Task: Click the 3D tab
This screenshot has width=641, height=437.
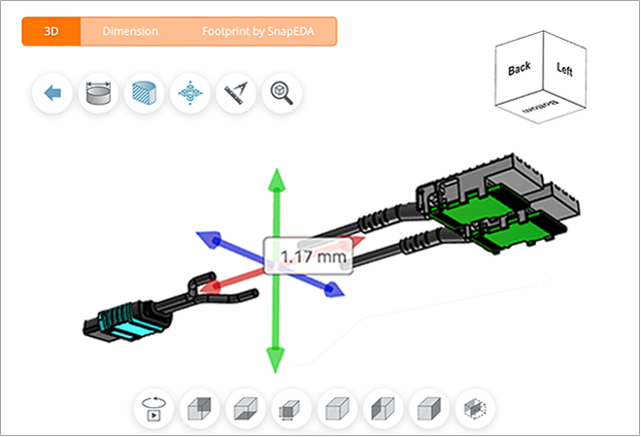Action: pyautogui.click(x=51, y=31)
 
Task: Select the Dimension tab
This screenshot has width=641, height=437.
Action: pyautogui.click(x=130, y=31)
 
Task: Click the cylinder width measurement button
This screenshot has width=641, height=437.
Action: pyautogui.click(x=98, y=94)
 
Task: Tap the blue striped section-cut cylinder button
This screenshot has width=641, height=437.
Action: pyautogui.click(x=144, y=94)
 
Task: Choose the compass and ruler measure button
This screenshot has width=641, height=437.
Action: pyautogui.click(x=236, y=94)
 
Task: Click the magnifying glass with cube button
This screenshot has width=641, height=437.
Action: pyautogui.click(x=282, y=94)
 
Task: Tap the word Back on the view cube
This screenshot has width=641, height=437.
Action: pyautogui.click(x=520, y=70)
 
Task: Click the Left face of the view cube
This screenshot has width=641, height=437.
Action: pyautogui.click(x=564, y=69)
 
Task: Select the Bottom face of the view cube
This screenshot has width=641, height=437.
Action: pyautogui.click(x=541, y=110)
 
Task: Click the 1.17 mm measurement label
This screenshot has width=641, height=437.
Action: pyautogui.click(x=314, y=258)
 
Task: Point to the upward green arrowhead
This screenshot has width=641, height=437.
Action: pyautogui.click(x=276, y=180)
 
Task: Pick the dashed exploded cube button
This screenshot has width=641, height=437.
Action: pyautogui.click(x=475, y=408)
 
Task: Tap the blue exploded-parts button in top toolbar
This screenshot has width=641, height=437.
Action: pyautogui.click(x=190, y=94)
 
